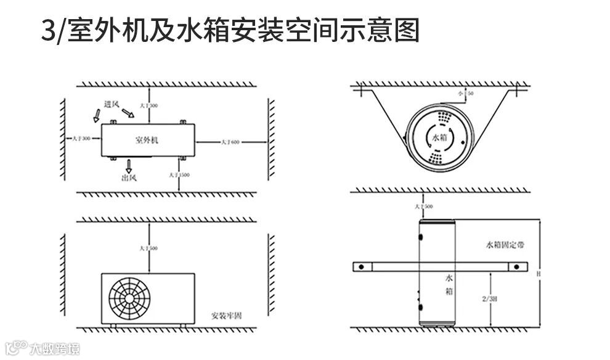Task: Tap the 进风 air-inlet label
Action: click(112, 104)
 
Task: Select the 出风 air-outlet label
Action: click(129, 178)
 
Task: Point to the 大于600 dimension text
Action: click(231, 142)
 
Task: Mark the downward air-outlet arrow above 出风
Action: click(129, 165)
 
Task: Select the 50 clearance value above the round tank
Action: click(471, 93)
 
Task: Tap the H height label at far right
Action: click(539, 272)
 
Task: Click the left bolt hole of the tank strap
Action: click(363, 267)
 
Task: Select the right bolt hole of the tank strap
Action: click(517, 267)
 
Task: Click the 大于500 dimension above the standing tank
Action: click(424, 206)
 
